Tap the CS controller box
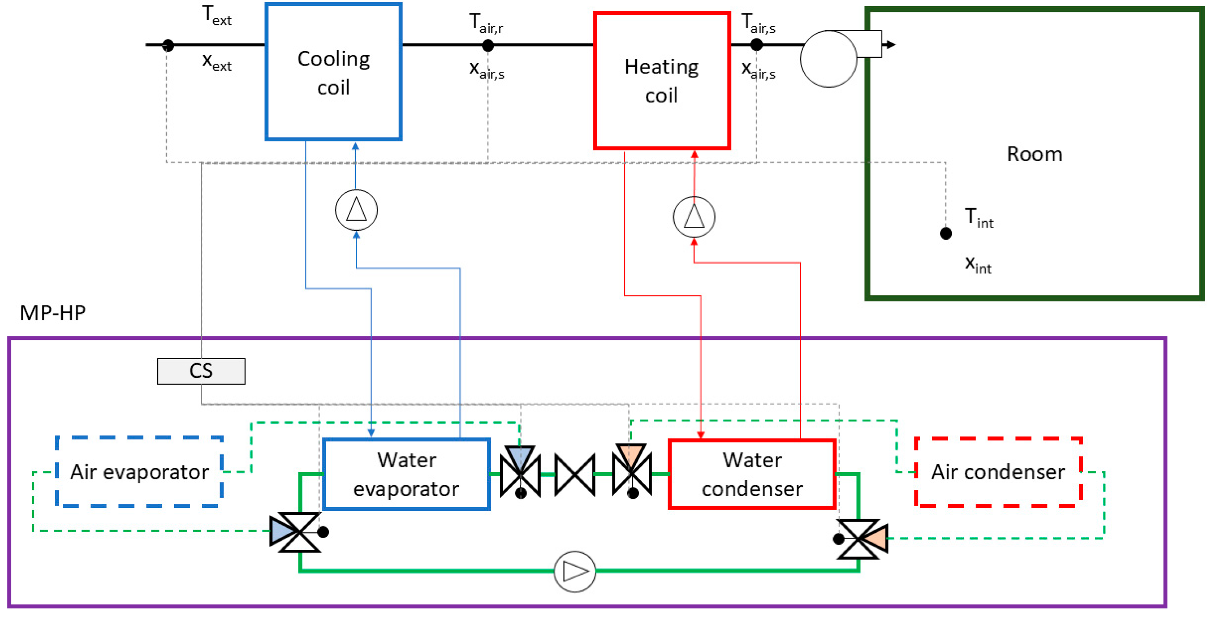(x=201, y=371)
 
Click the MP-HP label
(x=53, y=313)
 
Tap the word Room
(x=1034, y=154)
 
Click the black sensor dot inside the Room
(x=946, y=233)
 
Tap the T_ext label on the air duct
(x=217, y=15)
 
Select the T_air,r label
(x=486, y=23)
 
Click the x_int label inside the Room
(x=979, y=265)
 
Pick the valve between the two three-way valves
(x=575, y=475)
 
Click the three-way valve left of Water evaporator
(x=295, y=532)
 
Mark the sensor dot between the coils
(x=488, y=45)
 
